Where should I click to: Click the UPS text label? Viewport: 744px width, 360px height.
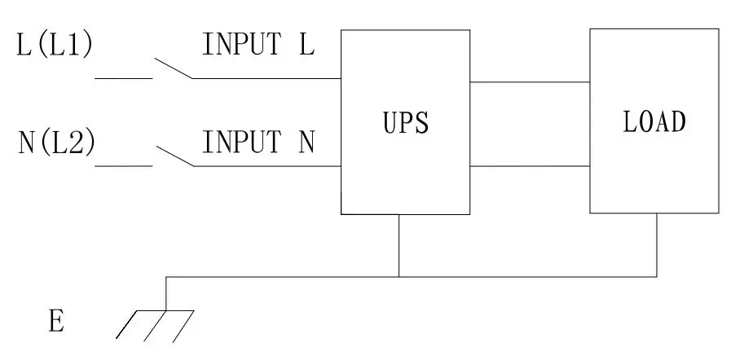(404, 124)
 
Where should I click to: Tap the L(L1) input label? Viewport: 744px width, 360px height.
(55, 46)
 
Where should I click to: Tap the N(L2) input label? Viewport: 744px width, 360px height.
(56, 144)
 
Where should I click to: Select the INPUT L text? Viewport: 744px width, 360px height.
(258, 46)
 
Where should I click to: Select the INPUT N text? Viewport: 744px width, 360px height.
(258, 144)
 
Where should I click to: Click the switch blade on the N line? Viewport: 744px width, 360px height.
(174, 156)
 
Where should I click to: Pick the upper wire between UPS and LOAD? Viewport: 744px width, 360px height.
(530, 81)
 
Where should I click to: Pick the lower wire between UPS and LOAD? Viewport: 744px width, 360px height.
(530, 167)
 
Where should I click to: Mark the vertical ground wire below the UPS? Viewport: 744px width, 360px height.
(398, 244)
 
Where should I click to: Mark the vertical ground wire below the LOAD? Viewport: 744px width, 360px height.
(657, 244)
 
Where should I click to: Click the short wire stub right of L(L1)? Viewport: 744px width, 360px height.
(124, 79)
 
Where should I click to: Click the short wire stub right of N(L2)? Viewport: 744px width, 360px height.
(124, 166)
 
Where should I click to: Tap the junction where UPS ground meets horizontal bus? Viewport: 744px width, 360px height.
(398, 276)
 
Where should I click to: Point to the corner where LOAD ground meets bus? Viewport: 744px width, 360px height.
(657, 276)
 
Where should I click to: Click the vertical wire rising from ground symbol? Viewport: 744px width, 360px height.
(166, 293)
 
